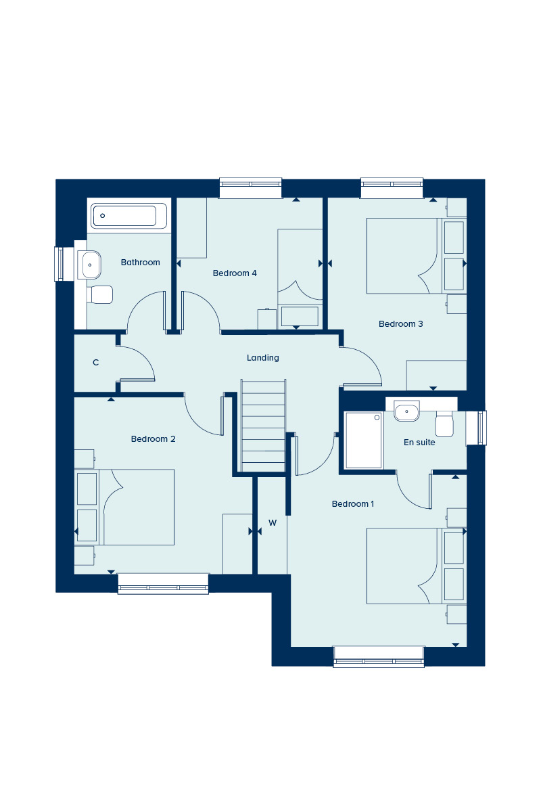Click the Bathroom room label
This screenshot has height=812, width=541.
[x=140, y=262]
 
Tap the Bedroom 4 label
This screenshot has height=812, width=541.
[x=235, y=273]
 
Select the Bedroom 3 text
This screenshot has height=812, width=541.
[x=400, y=323]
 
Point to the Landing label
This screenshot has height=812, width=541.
[x=262, y=358]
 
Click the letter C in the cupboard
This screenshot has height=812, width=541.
[x=95, y=362]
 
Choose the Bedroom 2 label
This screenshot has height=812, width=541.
[x=153, y=438]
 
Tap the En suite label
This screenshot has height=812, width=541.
[x=419, y=442]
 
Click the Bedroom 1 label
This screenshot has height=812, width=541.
[x=352, y=503]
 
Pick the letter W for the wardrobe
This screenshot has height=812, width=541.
[x=273, y=522]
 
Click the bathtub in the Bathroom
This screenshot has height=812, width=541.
[x=128, y=216]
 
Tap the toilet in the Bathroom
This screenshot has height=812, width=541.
[x=100, y=295]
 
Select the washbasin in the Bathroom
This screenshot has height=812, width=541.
[x=89, y=265]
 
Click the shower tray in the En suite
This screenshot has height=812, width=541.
[x=363, y=440]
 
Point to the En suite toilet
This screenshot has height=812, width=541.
[x=444, y=424]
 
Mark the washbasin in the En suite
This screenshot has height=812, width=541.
[x=406, y=411]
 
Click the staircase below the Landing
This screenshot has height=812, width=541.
[x=263, y=426]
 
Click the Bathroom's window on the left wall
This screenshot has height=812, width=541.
[x=59, y=264]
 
